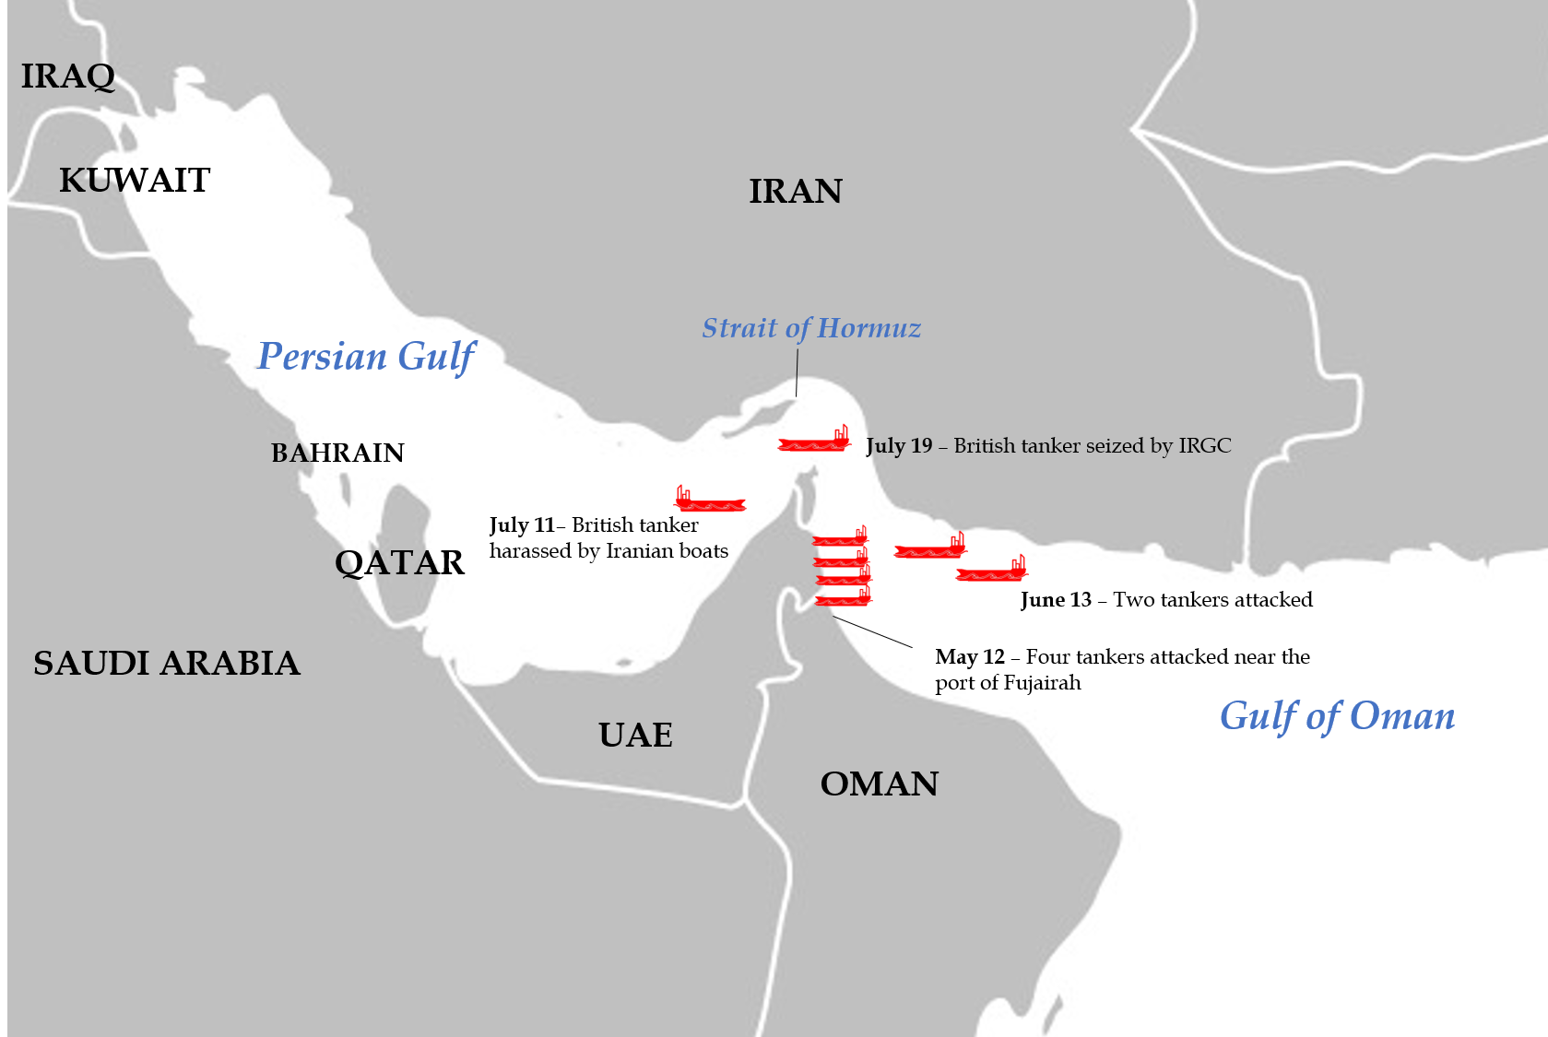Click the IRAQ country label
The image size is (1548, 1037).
[x=67, y=77]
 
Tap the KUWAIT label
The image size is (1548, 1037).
[x=135, y=181]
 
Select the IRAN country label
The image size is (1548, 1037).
[x=795, y=192]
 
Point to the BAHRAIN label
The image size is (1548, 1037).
[x=337, y=453]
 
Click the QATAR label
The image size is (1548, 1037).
[x=399, y=563]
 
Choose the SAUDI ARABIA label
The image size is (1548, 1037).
[x=166, y=664]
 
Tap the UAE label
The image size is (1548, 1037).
[x=635, y=736]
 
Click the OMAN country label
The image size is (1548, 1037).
[x=879, y=784]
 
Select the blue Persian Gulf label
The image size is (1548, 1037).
[x=366, y=357]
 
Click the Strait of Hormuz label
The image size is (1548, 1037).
[x=810, y=328]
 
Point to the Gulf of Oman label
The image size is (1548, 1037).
[x=1337, y=716]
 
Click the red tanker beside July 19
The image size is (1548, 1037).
[x=814, y=442]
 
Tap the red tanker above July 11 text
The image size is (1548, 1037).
[x=709, y=502]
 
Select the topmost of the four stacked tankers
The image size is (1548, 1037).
[x=840, y=539]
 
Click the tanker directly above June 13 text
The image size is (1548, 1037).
[x=991, y=572]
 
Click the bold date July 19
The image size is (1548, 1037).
[x=899, y=446]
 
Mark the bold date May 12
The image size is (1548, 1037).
[x=969, y=657]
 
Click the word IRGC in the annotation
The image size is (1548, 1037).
[x=1204, y=446]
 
